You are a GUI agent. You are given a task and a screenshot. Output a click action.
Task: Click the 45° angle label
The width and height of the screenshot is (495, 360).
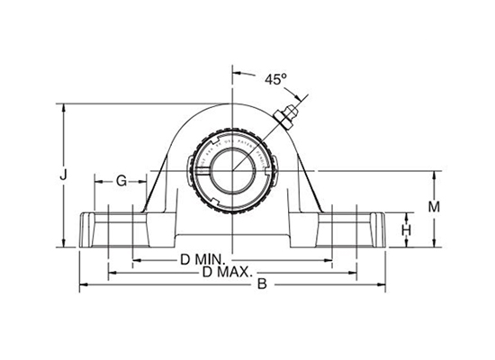274,79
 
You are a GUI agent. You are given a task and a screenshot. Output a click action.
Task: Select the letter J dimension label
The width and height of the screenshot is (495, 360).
62,176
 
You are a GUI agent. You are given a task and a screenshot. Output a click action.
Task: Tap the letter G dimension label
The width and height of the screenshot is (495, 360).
120,181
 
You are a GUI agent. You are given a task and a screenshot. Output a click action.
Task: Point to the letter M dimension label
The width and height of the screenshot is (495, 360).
433,207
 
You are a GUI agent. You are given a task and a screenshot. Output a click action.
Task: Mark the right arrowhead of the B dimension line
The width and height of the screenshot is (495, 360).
383,285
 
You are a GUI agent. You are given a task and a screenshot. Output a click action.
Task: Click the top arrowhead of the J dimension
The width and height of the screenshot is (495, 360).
62,105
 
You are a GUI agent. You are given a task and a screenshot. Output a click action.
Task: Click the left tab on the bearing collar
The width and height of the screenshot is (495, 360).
190,166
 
